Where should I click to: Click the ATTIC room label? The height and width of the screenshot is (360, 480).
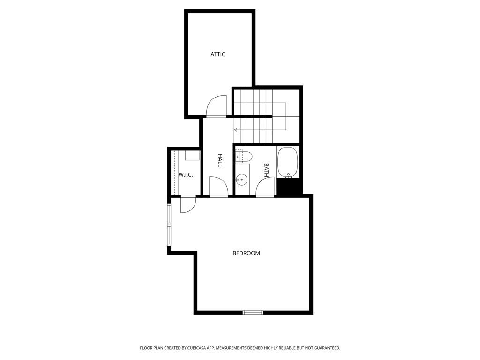[217, 54]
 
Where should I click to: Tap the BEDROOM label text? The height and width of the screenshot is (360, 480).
[246, 253]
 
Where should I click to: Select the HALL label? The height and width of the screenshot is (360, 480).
[220, 160]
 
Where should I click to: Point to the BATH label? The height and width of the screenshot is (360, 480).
[266, 171]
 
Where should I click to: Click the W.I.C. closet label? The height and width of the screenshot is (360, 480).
[186, 175]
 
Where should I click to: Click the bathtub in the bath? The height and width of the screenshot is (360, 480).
[287, 163]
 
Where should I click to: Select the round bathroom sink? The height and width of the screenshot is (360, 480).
[241, 180]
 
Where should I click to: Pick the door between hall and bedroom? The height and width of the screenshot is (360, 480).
[218, 186]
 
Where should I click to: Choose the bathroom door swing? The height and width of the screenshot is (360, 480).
[266, 187]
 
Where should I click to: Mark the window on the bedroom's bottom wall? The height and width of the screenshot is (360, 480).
[253, 312]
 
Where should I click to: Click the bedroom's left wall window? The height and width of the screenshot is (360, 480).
[169, 225]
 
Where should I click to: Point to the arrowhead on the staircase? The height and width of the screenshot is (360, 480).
[236, 130]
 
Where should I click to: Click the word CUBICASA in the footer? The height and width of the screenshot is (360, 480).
[198, 348]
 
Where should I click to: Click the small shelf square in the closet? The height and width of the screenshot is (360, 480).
[193, 155]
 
